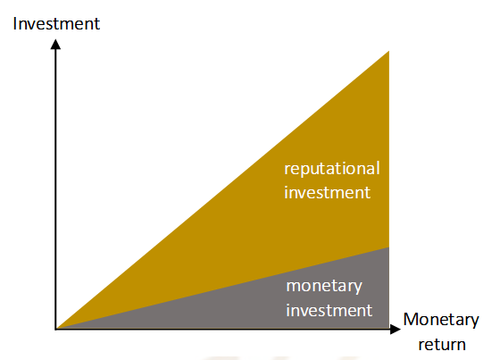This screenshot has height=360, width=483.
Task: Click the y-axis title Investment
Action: [x=56, y=24]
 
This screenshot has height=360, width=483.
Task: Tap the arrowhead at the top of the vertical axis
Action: [x=55, y=44]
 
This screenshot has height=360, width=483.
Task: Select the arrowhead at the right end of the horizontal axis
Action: [x=396, y=329]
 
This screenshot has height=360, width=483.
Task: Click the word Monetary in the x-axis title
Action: [x=441, y=321]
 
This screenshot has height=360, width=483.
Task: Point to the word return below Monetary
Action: [x=442, y=345]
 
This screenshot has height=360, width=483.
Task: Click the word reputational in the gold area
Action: [x=332, y=169]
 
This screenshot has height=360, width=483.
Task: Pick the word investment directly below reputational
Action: [x=327, y=193]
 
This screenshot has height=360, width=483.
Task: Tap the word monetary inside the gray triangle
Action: [x=324, y=287]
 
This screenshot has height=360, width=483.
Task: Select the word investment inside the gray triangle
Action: [x=329, y=310]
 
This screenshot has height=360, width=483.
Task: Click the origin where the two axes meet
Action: [x=55, y=329]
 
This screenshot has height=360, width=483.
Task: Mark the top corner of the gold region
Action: [x=388, y=51]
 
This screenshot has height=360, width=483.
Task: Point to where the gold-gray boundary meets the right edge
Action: [x=388, y=247]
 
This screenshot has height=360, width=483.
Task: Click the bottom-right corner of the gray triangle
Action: [x=388, y=328]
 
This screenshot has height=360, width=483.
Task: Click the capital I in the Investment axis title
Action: [x=15, y=24]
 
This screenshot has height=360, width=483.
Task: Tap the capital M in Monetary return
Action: [x=411, y=319]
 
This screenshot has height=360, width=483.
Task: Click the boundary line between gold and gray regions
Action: [x=222, y=288]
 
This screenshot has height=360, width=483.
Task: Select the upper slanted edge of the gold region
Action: [x=222, y=189]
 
